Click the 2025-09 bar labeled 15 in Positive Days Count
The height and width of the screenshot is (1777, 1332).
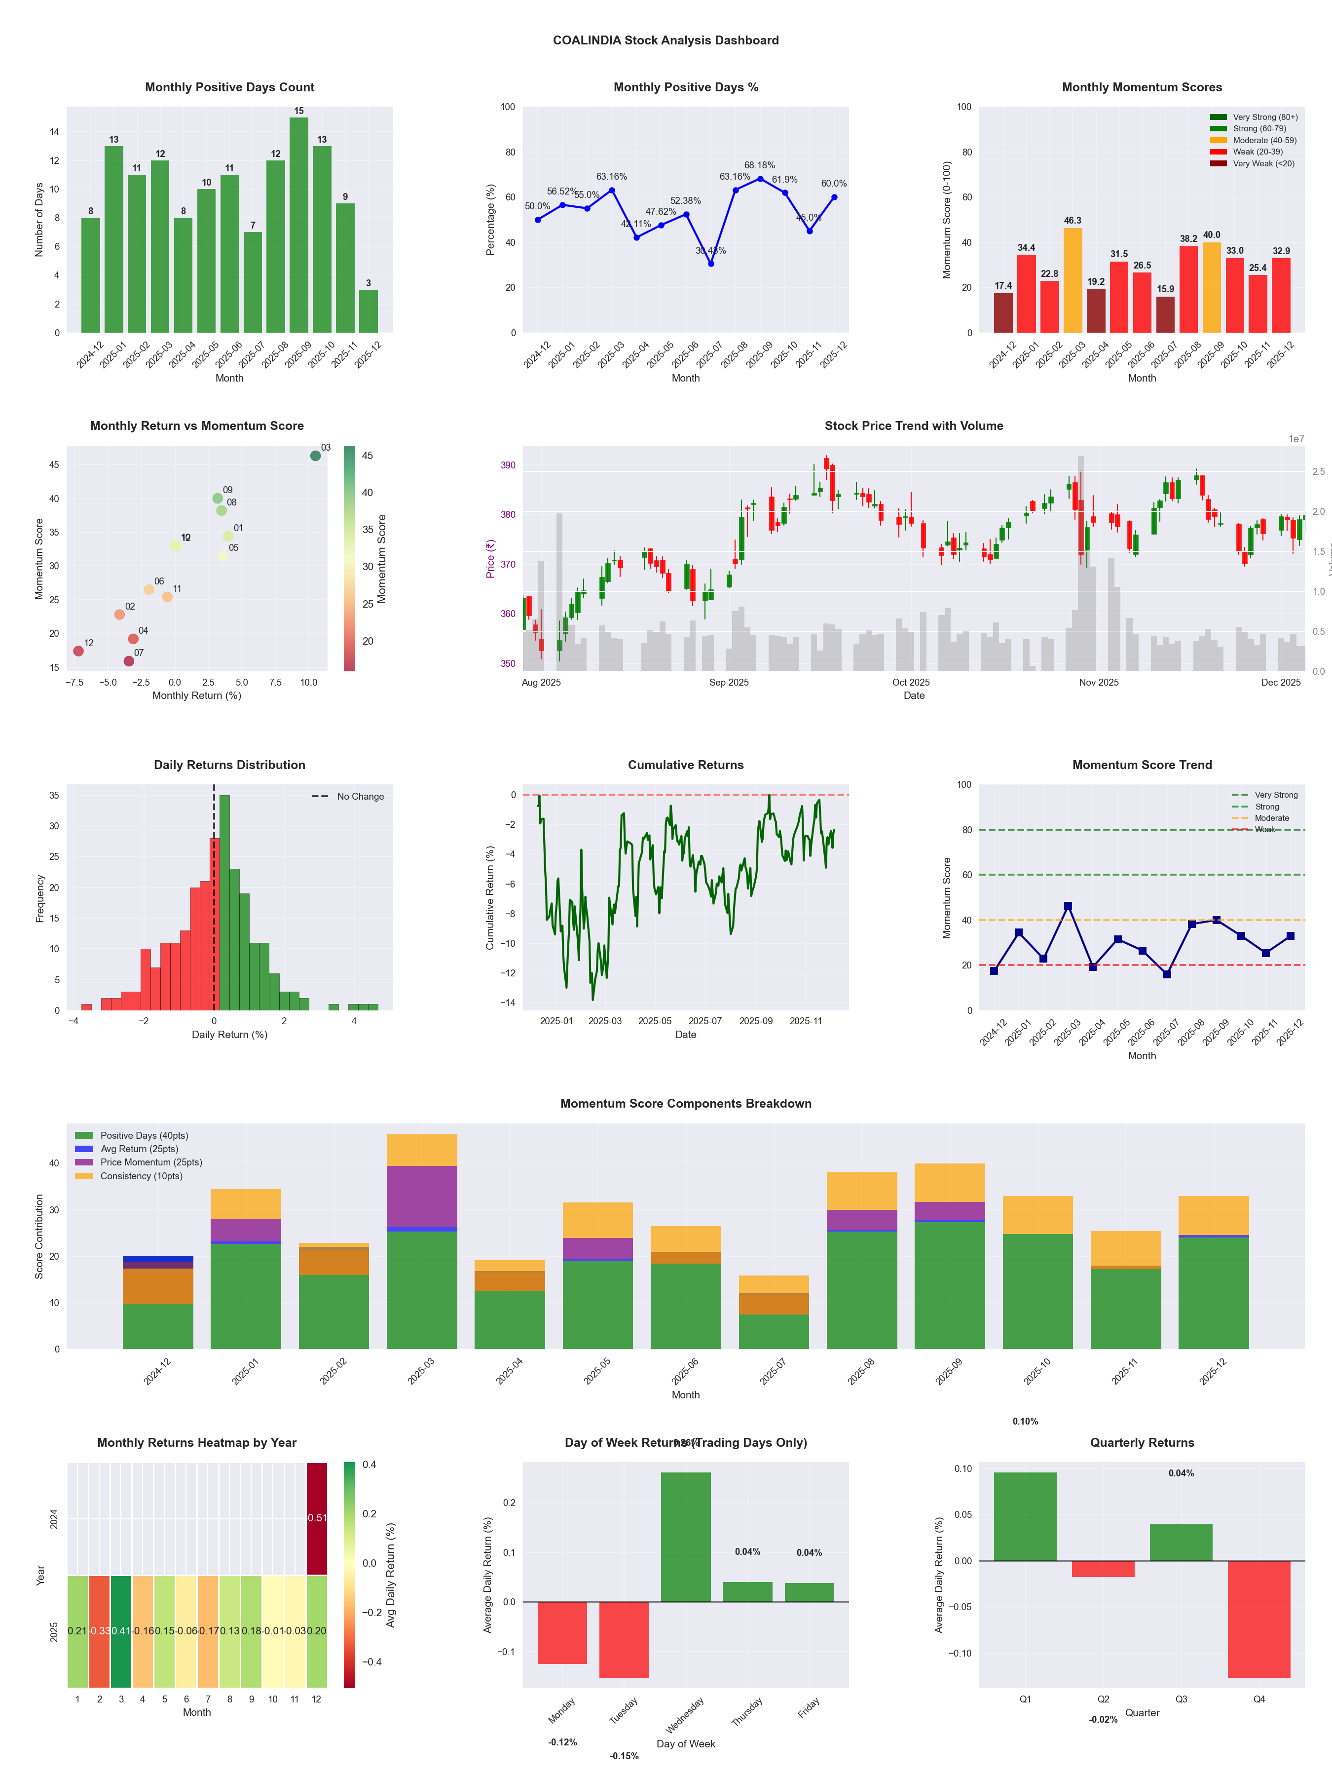(298, 225)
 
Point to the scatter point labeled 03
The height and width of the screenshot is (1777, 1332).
(316, 456)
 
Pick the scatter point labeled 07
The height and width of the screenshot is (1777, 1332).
(128, 661)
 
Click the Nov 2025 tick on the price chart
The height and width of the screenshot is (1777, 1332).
(1098, 682)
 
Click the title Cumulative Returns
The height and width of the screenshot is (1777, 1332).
(686, 765)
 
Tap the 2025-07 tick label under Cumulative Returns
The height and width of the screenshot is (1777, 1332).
(705, 1021)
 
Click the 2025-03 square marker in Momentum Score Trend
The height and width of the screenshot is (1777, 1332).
(1068, 906)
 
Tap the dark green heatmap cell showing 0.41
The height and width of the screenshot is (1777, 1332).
(121, 1631)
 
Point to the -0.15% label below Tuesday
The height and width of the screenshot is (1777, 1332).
(624, 1756)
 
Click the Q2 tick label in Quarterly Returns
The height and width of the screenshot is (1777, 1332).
(1103, 1699)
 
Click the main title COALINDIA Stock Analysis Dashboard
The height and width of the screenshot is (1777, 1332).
(666, 40)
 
